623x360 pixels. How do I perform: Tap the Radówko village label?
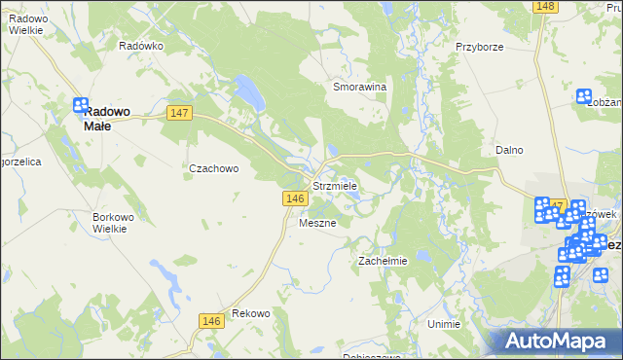140,46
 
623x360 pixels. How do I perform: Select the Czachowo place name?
214,167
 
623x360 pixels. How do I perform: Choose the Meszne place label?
317,223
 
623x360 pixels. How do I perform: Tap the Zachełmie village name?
383,261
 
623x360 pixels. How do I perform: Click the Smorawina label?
360,87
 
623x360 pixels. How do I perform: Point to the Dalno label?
509,150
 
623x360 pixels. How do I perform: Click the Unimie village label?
443,323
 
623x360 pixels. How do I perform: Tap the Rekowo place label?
251,313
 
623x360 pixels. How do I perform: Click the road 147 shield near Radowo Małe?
179,114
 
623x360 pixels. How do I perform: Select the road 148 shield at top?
545,7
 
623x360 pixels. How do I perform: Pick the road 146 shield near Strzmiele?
296,198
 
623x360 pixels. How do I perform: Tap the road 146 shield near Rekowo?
211,320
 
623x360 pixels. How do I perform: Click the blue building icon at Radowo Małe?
82,104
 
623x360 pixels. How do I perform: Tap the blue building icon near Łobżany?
584,96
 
